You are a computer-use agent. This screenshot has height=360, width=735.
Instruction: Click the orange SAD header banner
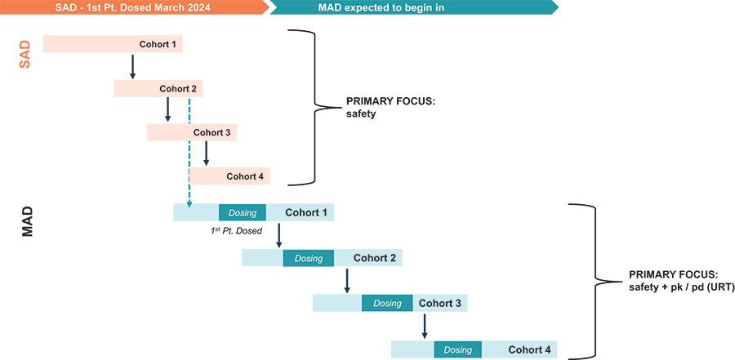[x=131, y=7]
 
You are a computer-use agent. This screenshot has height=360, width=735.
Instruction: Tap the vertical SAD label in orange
[x=24, y=55]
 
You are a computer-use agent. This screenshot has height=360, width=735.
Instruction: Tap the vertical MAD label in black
[x=27, y=220]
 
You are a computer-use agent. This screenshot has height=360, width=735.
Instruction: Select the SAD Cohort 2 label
[x=178, y=88]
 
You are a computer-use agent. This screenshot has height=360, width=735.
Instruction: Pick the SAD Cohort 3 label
[x=212, y=132]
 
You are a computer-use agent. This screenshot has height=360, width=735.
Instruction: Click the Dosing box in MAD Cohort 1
[x=243, y=213]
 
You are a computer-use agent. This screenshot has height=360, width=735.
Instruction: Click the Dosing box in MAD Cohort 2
[x=309, y=259]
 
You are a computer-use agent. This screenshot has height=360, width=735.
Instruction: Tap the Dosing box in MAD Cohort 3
[x=387, y=304]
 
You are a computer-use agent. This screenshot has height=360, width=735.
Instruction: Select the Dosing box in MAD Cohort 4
[x=457, y=349]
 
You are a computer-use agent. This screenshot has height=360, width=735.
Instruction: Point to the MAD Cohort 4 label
[x=529, y=349]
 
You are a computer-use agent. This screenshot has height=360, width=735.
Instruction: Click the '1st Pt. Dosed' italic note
[x=236, y=232]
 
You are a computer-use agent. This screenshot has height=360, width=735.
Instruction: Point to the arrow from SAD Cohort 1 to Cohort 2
[x=132, y=66]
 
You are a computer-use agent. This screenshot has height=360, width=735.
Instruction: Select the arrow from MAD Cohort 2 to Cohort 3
[x=347, y=280]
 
